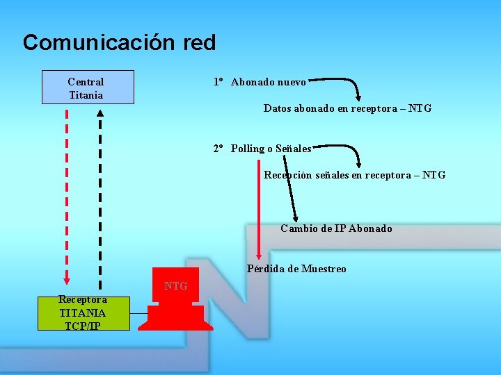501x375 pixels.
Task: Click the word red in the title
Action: point(200,43)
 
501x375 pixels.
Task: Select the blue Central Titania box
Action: point(87,87)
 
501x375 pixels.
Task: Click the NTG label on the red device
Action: point(175,285)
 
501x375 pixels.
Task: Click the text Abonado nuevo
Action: point(268,83)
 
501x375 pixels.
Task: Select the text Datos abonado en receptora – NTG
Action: point(347,108)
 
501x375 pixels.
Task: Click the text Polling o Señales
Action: point(271,149)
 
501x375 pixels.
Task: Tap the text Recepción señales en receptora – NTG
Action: point(354,175)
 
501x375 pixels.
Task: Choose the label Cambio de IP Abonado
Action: point(336,228)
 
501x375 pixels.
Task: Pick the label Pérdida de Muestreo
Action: point(296,269)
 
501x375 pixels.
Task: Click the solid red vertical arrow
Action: point(258,208)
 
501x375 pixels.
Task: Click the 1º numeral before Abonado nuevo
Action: point(218,83)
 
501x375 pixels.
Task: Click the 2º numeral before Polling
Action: point(218,149)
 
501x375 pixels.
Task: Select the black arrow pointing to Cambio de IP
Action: point(289,187)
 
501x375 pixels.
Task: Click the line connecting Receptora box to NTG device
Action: point(139,313)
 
